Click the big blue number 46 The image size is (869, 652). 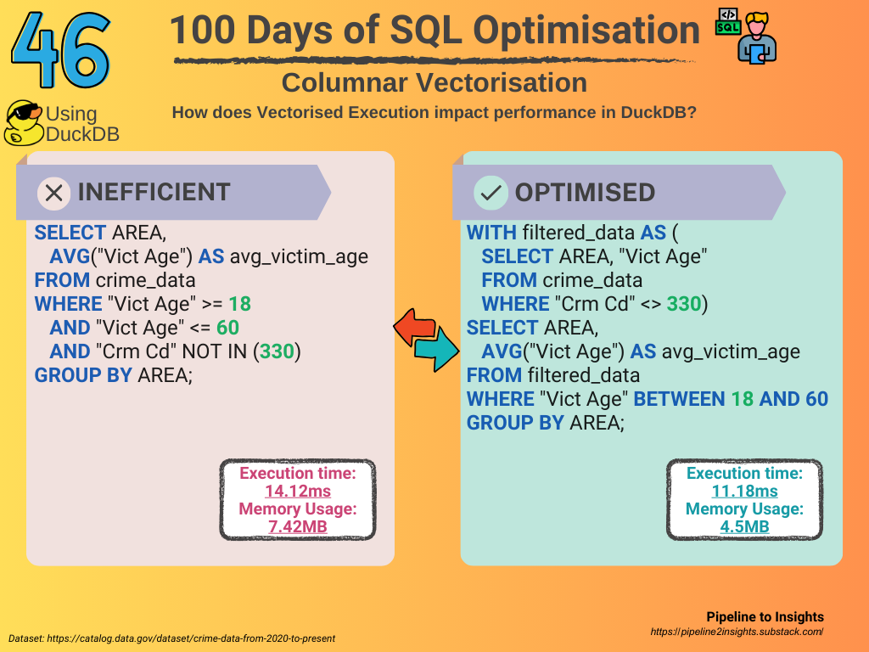tap(61, 50)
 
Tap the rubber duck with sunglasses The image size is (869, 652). tap(24, 123)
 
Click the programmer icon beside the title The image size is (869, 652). tap(746, 36)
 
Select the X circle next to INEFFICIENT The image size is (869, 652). tap(53, 193)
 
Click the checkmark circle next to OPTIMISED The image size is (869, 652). tap(491, 193)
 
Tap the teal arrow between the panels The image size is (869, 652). tap(437, 348)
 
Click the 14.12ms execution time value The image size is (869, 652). tap(298, 492)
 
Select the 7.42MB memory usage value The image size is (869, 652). tap(298, 526)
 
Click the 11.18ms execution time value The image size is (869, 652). tap(744, 492)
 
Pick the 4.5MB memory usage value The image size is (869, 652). tap(744, 526)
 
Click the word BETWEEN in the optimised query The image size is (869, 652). tap(679, 399)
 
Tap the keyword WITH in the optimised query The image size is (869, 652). tap(491, 233)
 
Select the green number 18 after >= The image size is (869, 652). tap(239, 304)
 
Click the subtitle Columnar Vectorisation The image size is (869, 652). tap(434, 82)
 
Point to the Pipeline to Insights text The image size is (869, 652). tap(765, 617)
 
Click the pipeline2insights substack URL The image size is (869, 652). tap(737, 632)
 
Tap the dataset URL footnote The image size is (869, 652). tap(171, 638)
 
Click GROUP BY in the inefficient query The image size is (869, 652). tap(83, 375)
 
